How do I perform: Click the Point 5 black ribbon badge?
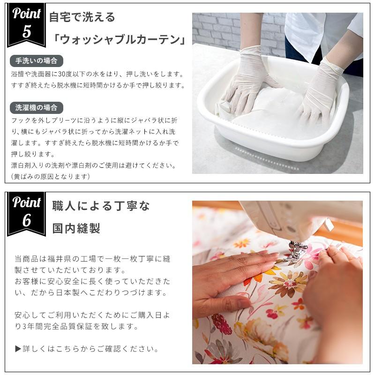(26, 25)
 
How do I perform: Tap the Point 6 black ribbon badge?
(26, 214)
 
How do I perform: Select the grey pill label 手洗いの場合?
(37, 61)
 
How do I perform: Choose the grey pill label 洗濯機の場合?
(37, 108)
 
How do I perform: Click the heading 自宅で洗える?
(82, 17)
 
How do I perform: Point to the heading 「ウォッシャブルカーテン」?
(119, 39)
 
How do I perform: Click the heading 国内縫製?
(76, 228)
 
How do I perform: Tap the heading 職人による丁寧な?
(101, 206)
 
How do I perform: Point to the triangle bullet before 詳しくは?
(18, 349)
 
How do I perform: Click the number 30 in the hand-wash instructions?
(62, 74)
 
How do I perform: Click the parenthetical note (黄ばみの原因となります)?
(51, 177)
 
